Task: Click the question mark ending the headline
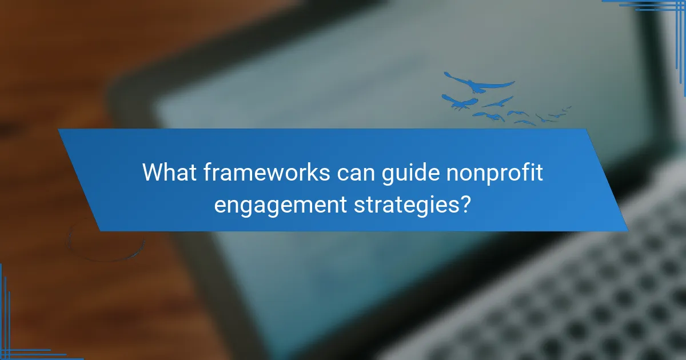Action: [466, 203]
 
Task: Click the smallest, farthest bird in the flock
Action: [568, 107]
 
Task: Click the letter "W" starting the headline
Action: [151, 172]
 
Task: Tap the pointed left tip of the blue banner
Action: [59, 131]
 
